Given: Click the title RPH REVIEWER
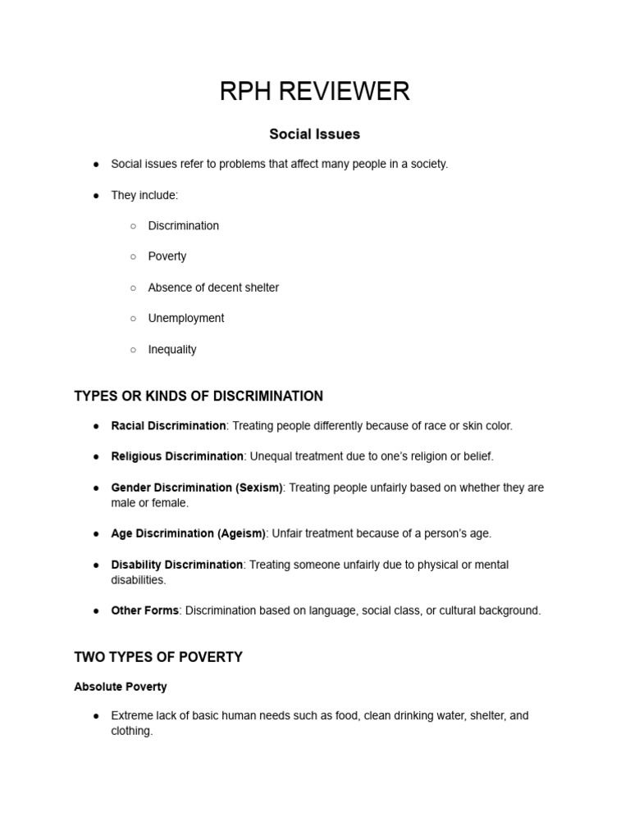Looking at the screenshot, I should (314, 91).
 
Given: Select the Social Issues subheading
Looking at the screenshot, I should (314, 134).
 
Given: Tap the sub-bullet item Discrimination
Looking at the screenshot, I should (183, 225).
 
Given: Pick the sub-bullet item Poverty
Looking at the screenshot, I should (167, 256).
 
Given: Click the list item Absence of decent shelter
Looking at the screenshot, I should (213, 288).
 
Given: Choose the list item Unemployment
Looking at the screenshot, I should (185, 318).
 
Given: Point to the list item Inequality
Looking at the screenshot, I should (172, 349).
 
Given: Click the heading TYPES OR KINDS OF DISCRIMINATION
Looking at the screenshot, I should (199, 397).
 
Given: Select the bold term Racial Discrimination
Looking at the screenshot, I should (168, 426).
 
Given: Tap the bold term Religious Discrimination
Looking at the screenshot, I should (177, 456).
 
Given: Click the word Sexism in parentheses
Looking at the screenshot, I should (258, 488).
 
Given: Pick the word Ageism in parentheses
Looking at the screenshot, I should (240, 533).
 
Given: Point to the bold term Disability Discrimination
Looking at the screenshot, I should (177, 565).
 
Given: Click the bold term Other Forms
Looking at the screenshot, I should (145, 610).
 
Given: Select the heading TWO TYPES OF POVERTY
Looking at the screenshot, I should (158, 657).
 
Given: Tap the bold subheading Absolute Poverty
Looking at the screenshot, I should (121, 687).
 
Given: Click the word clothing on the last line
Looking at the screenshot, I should (131, 731).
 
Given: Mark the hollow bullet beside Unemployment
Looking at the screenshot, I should (133, 319).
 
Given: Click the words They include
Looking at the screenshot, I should (144, 195).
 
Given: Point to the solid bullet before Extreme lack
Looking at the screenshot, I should (96, 716).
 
